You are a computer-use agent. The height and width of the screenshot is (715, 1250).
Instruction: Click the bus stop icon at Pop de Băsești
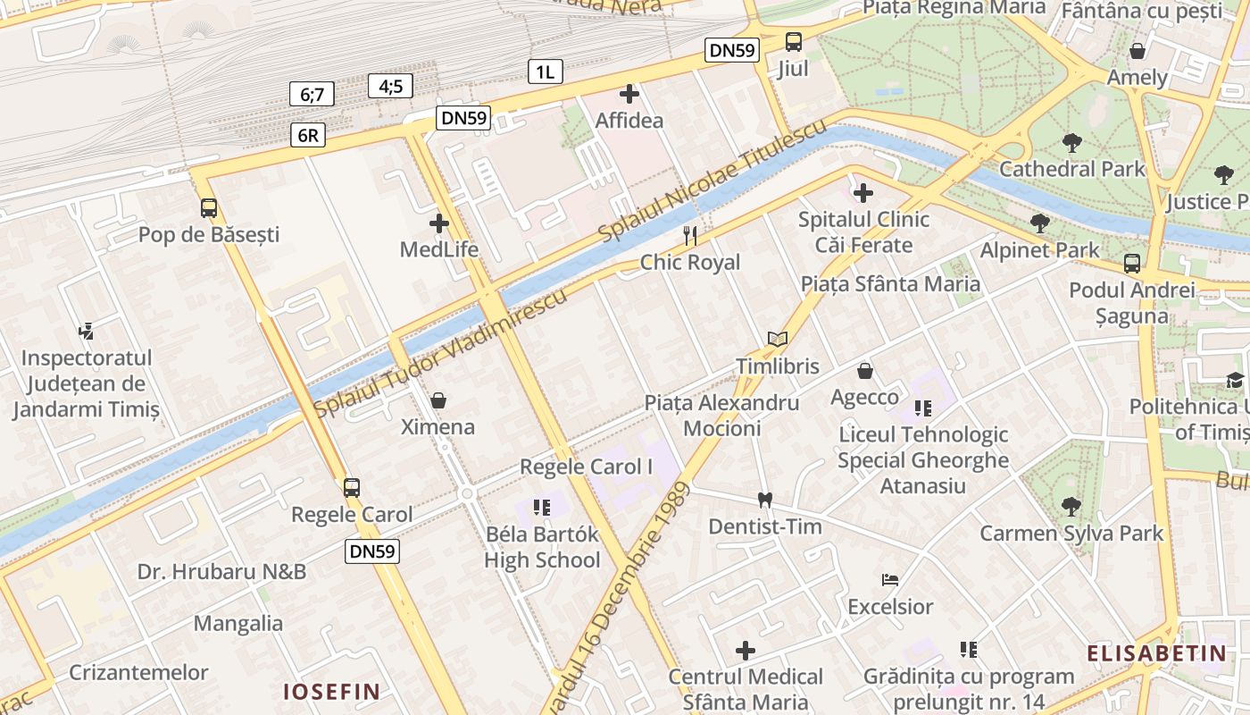[209, 208]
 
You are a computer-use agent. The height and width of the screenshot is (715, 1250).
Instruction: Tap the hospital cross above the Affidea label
[629, 93]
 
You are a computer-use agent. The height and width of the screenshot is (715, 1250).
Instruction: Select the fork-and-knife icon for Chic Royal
[689, 236]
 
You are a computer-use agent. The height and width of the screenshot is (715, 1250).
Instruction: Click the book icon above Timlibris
[778, 340]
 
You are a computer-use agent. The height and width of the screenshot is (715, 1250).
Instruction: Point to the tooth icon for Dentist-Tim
[764, 500]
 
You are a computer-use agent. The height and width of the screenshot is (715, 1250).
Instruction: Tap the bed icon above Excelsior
[890, 580]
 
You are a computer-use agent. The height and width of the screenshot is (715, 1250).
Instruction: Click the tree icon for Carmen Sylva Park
[1071, 507]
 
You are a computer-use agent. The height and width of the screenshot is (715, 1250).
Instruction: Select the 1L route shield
[545, 72]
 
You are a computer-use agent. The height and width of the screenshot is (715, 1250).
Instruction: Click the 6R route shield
[307, 135]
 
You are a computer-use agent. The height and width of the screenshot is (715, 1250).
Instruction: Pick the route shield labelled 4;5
[390, 86]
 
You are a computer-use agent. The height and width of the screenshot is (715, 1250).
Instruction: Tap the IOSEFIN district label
[331, 691]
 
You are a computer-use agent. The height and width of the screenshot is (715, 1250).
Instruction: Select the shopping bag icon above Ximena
[438, 400]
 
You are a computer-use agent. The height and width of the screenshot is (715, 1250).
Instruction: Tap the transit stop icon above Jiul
[793, 41]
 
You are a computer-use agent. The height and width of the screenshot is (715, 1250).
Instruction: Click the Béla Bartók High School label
[542, 547]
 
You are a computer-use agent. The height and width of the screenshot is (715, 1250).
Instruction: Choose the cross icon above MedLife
[439, 223]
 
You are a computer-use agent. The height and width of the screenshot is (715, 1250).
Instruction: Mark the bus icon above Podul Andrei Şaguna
[1132, 264]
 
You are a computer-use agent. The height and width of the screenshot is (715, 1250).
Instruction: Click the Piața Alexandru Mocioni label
[721, 416]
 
